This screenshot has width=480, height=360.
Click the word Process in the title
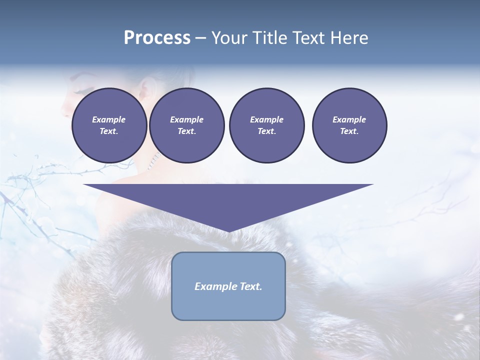tap(157, 38)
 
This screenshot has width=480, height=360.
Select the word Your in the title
tap(228, 38)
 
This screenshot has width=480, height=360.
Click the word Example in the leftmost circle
tap(109, 119)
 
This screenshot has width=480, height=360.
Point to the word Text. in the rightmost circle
tap(349, 131)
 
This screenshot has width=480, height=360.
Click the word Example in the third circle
tap(266, 119)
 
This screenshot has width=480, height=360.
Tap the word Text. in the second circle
tap(186, 131)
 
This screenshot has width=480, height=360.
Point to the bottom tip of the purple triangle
tap(228, 230)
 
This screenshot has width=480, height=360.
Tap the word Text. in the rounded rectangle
tap(250, 286)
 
